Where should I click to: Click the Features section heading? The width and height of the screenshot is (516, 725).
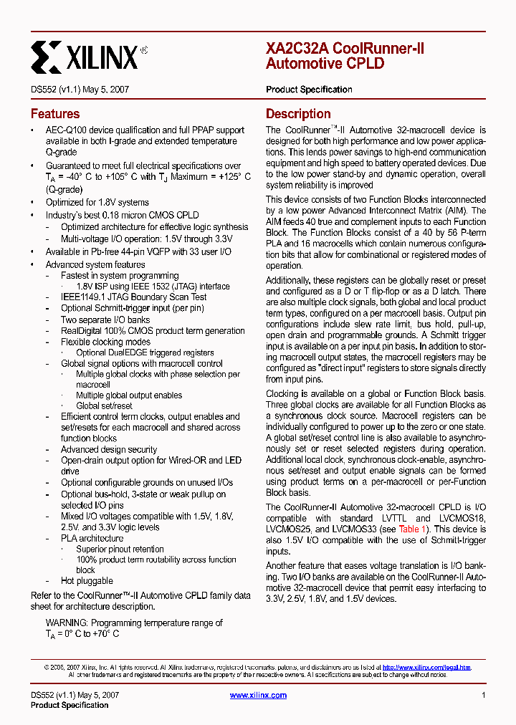click(55, 114)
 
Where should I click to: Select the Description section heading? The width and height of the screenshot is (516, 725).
click(298, 114)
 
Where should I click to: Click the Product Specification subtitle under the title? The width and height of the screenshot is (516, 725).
click(309, 90)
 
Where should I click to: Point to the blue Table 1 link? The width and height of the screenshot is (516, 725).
click(414, 529)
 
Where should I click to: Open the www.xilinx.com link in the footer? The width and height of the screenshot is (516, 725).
click(258, 695)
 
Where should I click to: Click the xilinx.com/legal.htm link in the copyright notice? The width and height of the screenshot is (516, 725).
click(426, 667)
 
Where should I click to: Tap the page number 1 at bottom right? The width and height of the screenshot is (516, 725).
click(484, 695)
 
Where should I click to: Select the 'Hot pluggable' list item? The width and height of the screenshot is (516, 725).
click(87, 581)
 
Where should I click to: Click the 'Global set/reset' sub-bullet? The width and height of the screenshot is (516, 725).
click(104, 405)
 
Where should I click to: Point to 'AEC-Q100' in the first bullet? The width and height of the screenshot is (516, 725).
click(65, 130)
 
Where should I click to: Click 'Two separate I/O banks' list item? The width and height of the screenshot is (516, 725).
click(105, 320)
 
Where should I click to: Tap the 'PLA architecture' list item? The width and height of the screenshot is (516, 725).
click(92, 538)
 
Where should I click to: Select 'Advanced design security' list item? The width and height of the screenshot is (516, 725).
click(109, 449)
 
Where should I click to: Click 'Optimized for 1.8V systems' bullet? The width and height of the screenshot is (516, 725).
click(97, 203)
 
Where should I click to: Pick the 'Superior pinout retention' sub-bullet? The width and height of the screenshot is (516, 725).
click(120, 549)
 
